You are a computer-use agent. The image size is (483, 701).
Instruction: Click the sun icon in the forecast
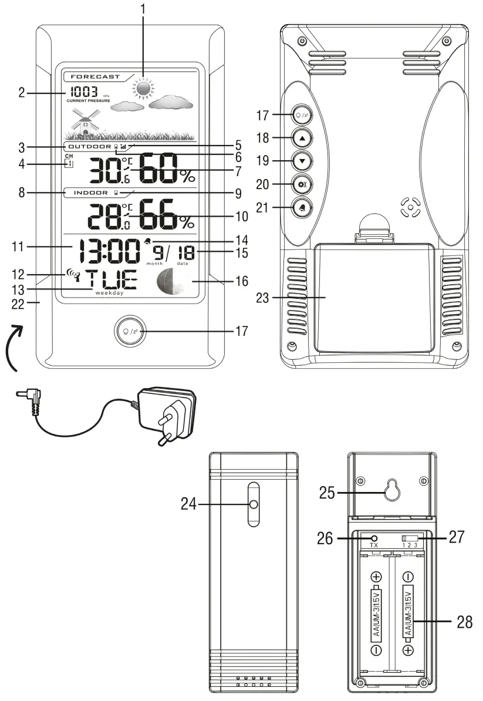pyautogui.click(x=143, y=89)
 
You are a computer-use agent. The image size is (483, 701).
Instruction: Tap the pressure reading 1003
pyautogui.click(x=84, y=92)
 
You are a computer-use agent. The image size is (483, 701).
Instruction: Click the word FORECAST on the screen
pyautogui.click(x=94, y=77)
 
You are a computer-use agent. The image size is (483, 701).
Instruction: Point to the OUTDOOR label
pyautogui.click(x=89, y=146)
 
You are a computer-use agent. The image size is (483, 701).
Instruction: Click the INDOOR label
pyautogui.click(x=90, y=192)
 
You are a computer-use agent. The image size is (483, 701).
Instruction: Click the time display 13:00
pyautogui.click(x=106, y=252)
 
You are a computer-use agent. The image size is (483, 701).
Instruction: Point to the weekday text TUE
pyautogui.click(x=110, y=280)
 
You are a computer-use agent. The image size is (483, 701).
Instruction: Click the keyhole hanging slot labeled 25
pyautogui.click(x=392, y=492)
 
